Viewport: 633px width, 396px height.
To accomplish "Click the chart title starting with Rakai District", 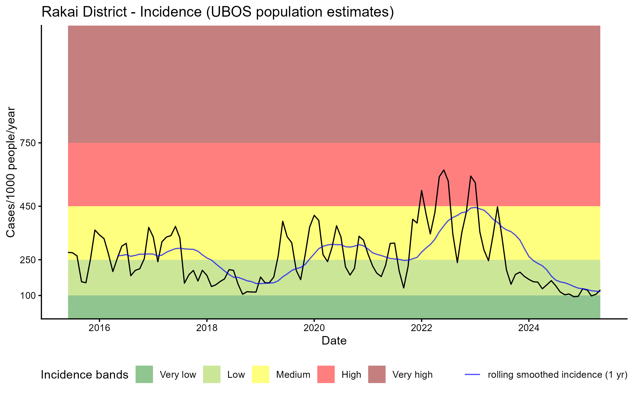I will pos(218,12).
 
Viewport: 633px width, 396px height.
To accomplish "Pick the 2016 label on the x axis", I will pos(99,328).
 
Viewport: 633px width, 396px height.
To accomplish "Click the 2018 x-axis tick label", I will pos(207,328).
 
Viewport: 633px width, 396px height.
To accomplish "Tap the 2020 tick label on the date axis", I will pos(314,328).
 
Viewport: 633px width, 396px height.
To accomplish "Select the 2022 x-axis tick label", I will pos(421,328).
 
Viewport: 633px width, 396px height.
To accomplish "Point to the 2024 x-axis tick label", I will pos(529,328).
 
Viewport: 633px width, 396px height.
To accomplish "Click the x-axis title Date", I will pos(334,341).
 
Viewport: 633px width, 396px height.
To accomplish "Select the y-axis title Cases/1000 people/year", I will pos(11,172).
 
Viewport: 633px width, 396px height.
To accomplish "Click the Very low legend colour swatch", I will pos(144,374).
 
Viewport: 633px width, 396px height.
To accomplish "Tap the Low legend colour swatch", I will pos(212,374).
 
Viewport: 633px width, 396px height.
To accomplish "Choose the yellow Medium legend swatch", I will pos(261,374).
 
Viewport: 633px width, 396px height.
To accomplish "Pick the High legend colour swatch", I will pos(326,374).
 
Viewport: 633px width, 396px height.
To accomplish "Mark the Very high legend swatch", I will pos(377,374).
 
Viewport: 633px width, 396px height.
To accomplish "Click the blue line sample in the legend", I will pos(472,374).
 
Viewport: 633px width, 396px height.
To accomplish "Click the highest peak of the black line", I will pos(444,170).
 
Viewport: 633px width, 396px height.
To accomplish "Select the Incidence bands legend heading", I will pos(84,375).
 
